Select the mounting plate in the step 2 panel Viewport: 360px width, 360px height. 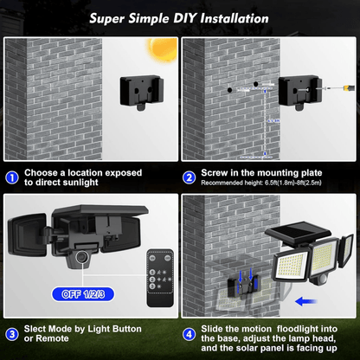(x=297, y=90)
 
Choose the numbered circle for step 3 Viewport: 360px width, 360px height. (x=11, y=333)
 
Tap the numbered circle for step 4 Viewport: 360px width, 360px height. (x=190, y=333)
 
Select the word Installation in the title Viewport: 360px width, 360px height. (x=242, y=16)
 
